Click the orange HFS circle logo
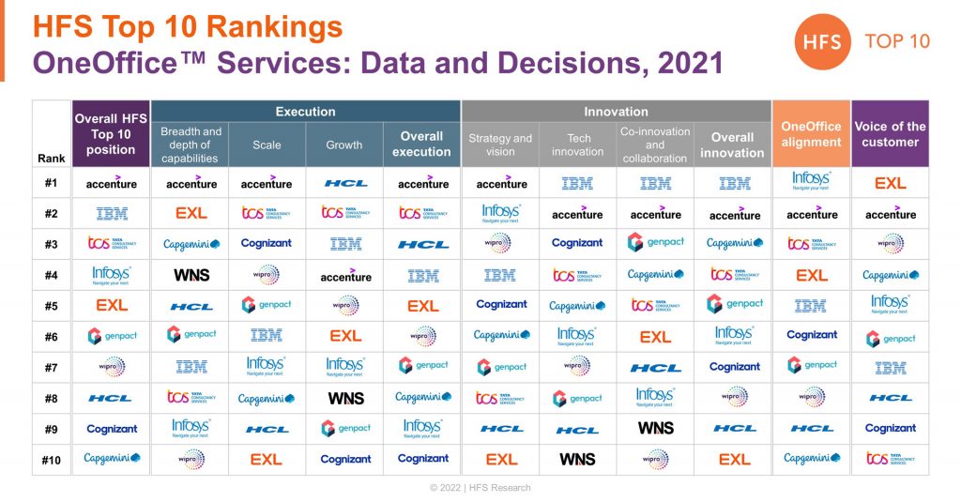click(x=823, y=41)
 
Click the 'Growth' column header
click(x=344, y=145)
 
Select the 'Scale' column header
click(x=267, y=145)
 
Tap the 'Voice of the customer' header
click(x=890, y=134)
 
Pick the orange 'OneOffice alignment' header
click(x=811, y=134)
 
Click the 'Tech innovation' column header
click(x=578, y=145)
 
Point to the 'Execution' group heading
click(x=305, y=112)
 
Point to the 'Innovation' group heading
click(x=616, y=112)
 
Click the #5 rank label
click(x=52, y=306)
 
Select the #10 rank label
click(x=52, y=460)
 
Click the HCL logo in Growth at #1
click(x=345, y=184)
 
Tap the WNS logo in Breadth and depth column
click(x=191, y=275)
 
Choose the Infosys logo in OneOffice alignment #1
click(x=812, y=181)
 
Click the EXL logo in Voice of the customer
click(x=890, y=184)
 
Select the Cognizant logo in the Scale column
click(x=267, y=243)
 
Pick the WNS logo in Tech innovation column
click(x=577, y=460)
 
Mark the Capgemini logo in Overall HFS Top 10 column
click(x=112, y=459)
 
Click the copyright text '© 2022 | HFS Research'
click(x=480, y=488)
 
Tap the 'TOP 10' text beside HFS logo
click(x=897, y=42)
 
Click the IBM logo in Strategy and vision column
click(x=501, y=275)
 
